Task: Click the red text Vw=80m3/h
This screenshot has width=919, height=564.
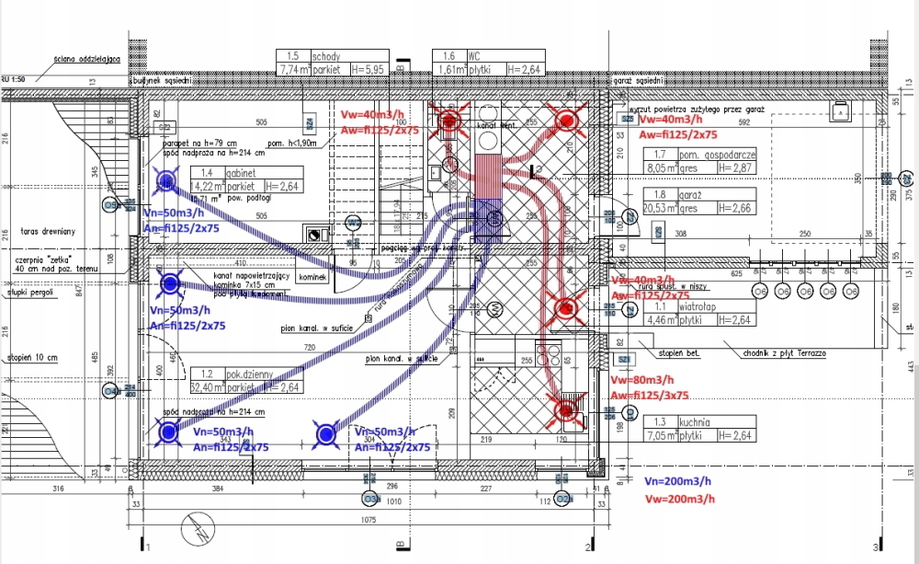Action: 641,379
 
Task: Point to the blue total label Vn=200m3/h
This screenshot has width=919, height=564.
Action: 677,482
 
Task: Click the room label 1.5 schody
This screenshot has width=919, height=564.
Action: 312,56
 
